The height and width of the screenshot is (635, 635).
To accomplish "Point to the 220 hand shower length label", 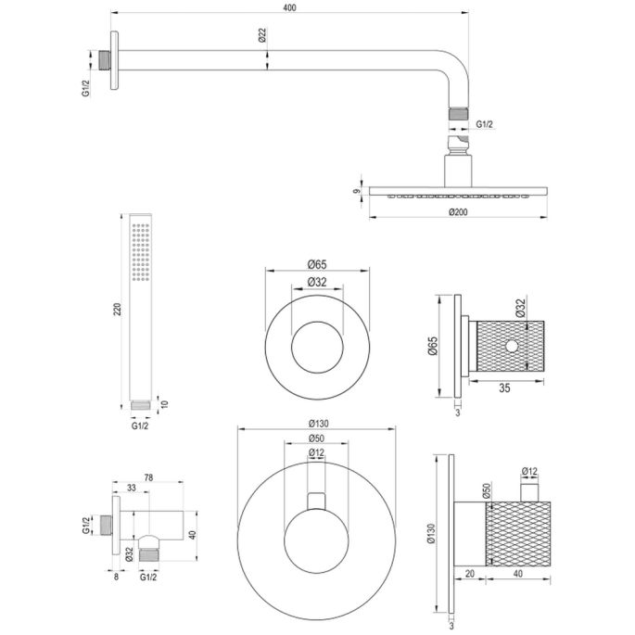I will coord(116,311).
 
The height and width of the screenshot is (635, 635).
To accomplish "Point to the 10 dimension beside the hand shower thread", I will coord(164,404).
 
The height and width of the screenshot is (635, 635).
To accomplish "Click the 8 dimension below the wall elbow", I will coord(116,576).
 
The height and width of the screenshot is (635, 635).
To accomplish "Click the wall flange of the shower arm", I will coord(115,62).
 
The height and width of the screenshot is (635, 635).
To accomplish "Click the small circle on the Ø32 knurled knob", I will coord(511,346).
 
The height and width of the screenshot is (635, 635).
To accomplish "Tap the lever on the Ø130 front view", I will coord(318,502).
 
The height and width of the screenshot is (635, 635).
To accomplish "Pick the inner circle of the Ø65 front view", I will coord(317,346).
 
